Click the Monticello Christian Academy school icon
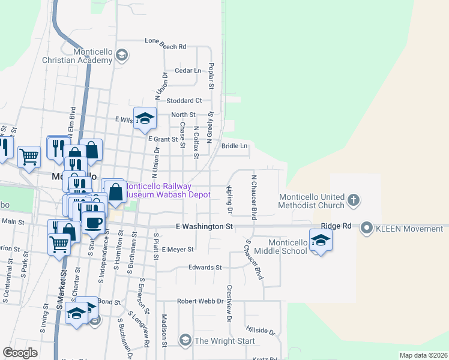122,56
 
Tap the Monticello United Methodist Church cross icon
354,201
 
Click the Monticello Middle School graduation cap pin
321,240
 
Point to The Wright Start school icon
184,341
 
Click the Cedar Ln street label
187,71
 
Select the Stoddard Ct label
184,101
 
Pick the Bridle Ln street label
235,146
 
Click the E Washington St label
203,227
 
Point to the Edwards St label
205,268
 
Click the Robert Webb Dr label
200,301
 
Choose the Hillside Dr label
260,330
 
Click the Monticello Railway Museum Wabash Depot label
166,190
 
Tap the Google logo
20,353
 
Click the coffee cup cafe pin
92,222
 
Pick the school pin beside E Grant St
145,118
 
